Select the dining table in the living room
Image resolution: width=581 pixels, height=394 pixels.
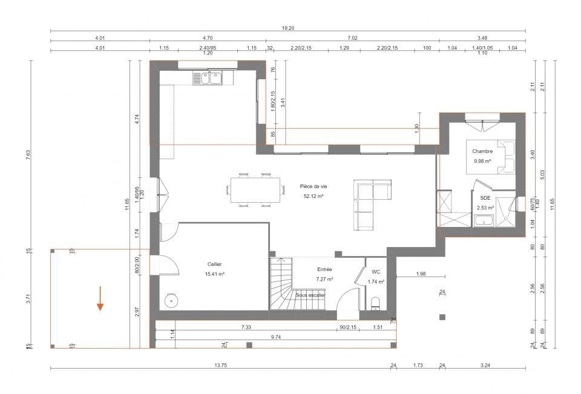255,191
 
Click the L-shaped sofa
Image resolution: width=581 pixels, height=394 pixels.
370,203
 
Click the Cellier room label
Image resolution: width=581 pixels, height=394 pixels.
215,264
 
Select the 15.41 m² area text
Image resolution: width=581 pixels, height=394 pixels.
215,274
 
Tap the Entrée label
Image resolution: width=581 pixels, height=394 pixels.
325,269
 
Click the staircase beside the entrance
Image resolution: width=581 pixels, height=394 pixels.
281,283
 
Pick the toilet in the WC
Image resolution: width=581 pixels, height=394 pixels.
375,302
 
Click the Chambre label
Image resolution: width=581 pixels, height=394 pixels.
482,151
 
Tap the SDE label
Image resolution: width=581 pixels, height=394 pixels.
485,198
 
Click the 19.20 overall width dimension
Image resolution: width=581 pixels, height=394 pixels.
288,28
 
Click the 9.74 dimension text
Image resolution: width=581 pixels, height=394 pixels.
277,336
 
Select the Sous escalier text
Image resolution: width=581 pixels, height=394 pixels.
310,295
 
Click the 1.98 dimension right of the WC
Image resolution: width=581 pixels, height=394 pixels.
421,274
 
